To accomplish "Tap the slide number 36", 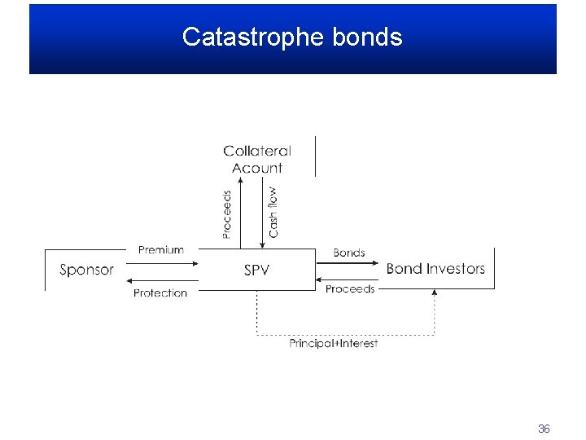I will point(544,429).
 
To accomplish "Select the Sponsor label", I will point(86,270).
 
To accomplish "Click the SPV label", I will point(256,270).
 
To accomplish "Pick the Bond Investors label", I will point(435,268).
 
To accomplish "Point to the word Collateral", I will point(257,151).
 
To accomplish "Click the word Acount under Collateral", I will point(257,168).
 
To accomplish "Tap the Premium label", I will point(161,249).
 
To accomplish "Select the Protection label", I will point(160,293).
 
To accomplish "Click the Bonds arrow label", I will point(349,253).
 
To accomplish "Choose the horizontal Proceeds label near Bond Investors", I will point(350,288).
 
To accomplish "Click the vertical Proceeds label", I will point(227,214).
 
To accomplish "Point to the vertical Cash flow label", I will point(273,213).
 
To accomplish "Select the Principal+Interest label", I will point(334,343).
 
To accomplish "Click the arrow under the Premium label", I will point(162,262).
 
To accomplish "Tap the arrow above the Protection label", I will point(162,279).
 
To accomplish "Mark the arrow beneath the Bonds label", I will point(348,263).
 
